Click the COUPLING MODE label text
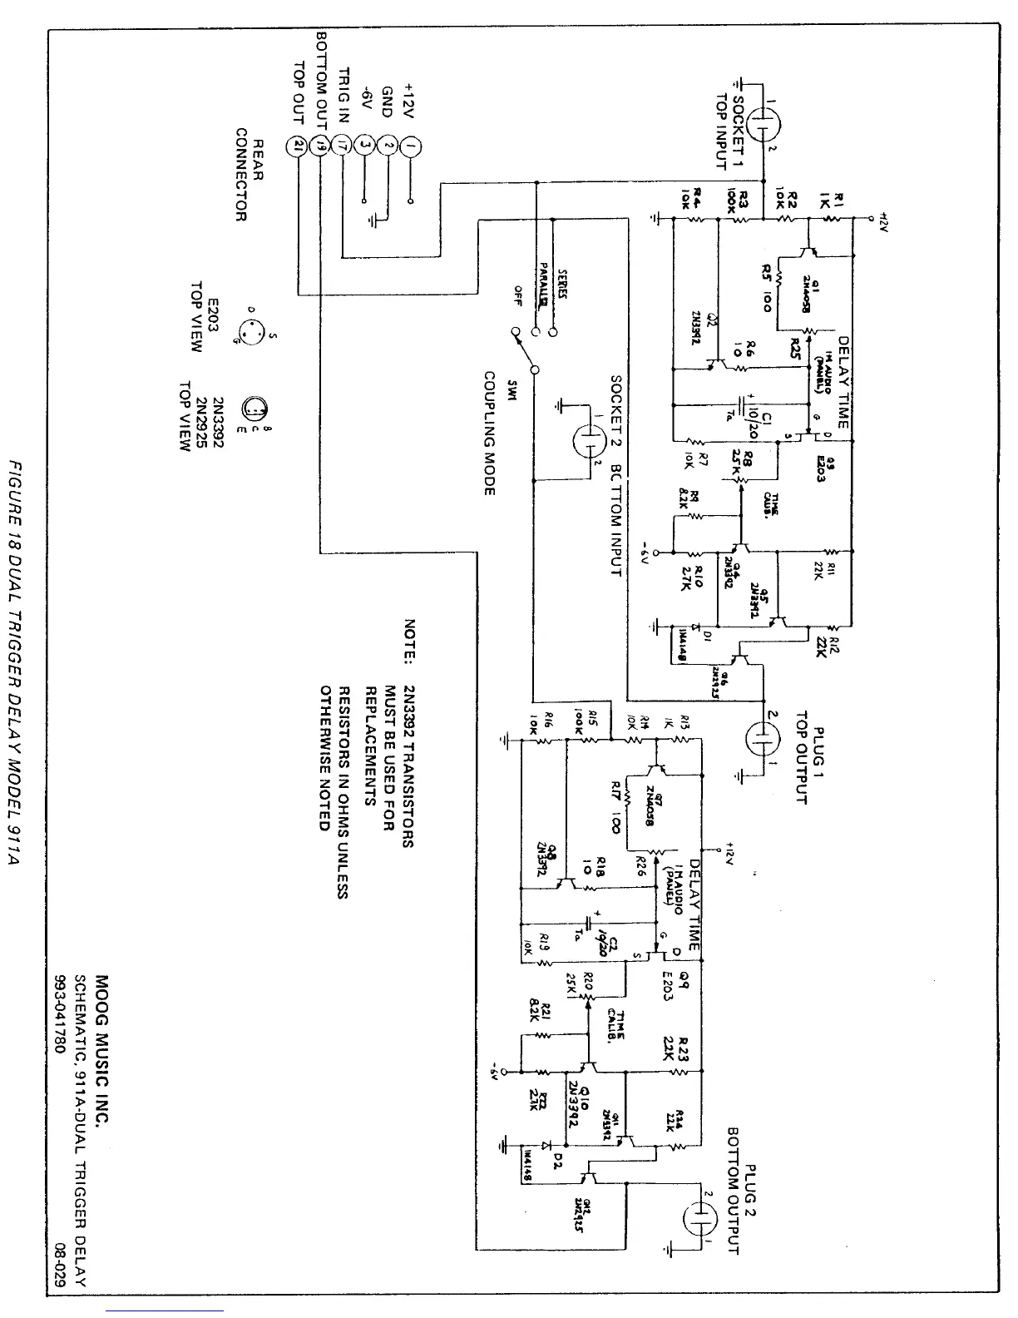490,433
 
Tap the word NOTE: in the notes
408,642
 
